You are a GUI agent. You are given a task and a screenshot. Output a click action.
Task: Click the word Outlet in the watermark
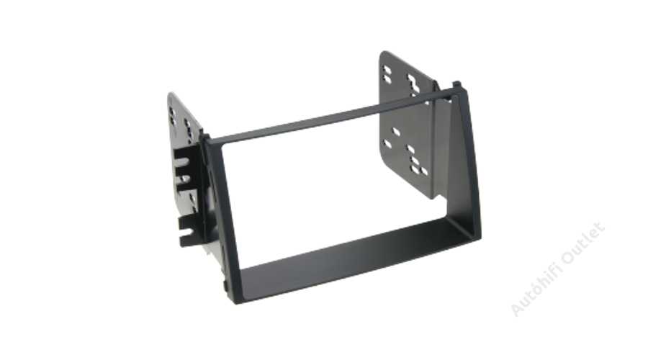coord(583,244)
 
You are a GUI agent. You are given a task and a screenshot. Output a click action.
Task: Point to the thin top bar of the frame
coord(330,117)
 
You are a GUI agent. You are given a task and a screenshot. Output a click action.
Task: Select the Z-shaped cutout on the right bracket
coord(413,84)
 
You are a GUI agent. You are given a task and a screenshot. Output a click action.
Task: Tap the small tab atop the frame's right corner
coord(456,84)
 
